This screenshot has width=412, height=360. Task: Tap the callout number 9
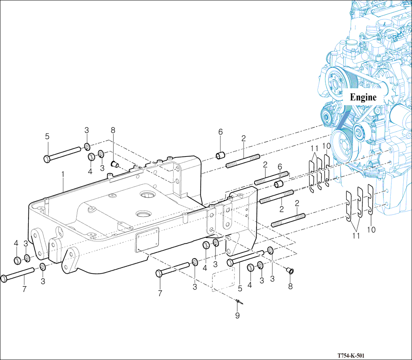237,315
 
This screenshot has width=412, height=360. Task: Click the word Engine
363,97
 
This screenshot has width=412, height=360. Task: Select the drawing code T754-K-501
350,355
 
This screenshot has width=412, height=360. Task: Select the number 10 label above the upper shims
327,146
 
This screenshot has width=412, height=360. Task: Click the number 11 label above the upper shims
314,148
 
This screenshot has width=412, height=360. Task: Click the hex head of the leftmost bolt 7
4,278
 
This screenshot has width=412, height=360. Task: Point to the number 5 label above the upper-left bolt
47,137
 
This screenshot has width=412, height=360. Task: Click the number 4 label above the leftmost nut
16,243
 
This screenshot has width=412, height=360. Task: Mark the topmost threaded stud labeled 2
242,160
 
